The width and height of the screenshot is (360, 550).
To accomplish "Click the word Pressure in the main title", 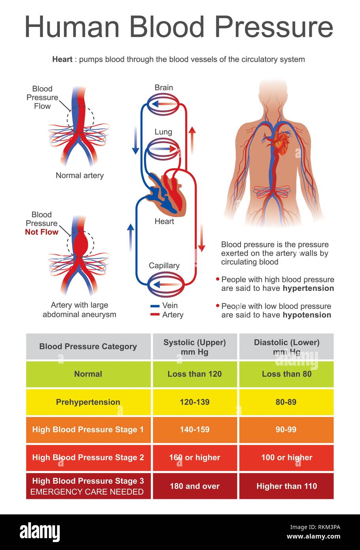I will click(274, 27).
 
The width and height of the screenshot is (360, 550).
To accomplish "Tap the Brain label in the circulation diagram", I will click(163, 87).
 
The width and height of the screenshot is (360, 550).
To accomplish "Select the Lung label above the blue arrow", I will click(163, 132).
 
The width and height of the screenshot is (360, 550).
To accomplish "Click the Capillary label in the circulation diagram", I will click(164, 266).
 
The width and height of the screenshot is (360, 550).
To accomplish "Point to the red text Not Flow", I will click(42, 232).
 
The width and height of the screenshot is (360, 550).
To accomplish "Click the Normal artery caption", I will click(80, 175).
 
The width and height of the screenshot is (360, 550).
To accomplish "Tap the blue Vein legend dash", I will click(155, 306).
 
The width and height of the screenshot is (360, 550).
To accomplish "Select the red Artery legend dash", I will click(155, 315).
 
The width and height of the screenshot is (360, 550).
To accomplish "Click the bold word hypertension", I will click(308, 288).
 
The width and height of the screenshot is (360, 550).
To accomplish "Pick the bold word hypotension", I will click(307, 315).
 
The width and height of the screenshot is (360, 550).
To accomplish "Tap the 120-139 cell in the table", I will click(195, 402).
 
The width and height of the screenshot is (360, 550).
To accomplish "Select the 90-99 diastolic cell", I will click(286, 430).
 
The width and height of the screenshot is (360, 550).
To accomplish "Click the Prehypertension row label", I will click(88, 402).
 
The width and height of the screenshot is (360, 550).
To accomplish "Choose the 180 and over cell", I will click(195, 486).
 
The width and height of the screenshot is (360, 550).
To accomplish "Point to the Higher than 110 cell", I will click(286, 486).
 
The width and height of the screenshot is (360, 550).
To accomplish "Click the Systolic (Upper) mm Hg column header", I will click(195, 347).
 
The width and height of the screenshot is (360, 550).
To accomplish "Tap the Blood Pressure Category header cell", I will click(88, 347).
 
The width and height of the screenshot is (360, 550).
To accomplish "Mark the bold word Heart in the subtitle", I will click(63, 59).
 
